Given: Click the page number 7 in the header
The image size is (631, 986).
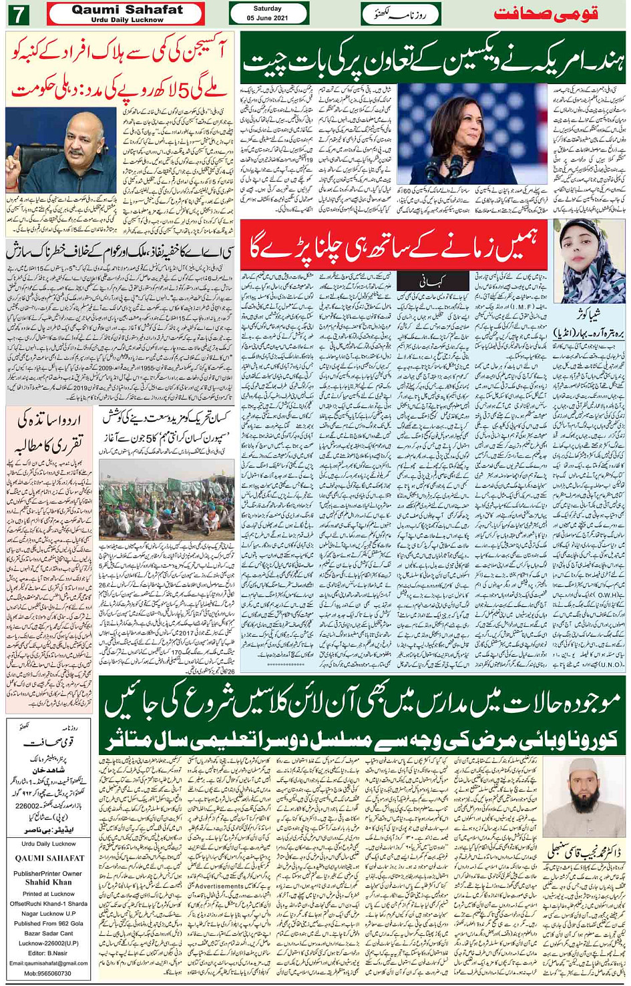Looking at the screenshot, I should pos(18,14).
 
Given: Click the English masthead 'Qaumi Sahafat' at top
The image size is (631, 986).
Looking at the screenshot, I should pos(127,9).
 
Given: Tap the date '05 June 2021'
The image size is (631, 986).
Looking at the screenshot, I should pos(267,18).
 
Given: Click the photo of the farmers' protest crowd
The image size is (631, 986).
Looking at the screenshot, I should pos(166,500).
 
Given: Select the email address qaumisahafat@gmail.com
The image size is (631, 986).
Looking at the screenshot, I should pos(48,963).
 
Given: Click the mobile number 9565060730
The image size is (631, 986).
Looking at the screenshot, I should pos(48,973).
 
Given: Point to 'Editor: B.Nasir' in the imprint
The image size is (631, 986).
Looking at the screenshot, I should pos(48,953).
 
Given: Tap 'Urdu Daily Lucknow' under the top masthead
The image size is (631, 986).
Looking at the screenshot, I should pos(127,20).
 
